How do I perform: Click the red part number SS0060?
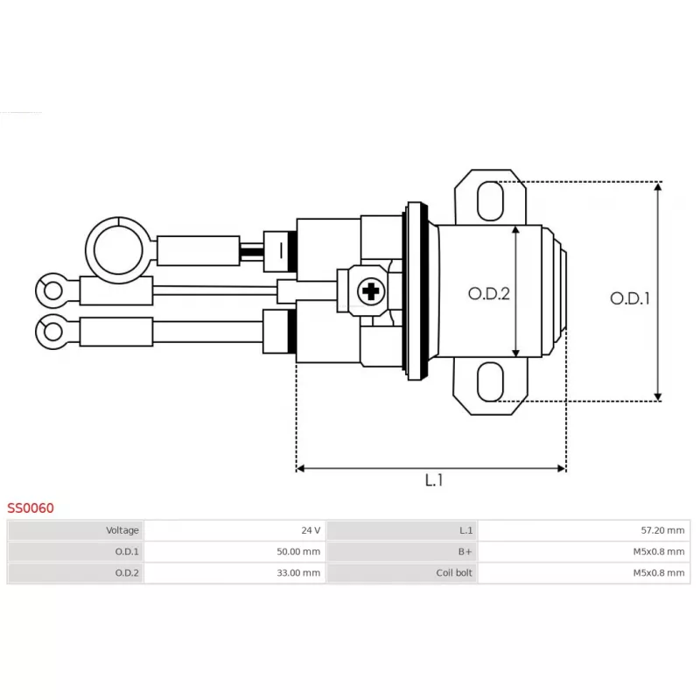[31, 507]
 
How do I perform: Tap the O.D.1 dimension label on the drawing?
[630, 298]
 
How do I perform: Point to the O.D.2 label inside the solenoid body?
[488, 294]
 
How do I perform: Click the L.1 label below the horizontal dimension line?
[434, 480]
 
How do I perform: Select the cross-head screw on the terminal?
[372, 291]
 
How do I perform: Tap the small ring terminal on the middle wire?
[51, 289]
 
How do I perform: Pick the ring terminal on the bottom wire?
[52, 332]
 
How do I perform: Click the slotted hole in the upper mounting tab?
[491, 200]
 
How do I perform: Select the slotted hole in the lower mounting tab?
[491, 382]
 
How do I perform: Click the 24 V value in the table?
[311, 530]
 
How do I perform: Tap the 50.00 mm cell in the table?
[297, 552]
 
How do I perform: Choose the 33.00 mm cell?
[297, 573]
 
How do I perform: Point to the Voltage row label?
[122, 530]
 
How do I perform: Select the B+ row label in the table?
[465, 552]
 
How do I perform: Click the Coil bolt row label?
[454, 573]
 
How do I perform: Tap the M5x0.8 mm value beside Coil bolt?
[659, 573]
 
